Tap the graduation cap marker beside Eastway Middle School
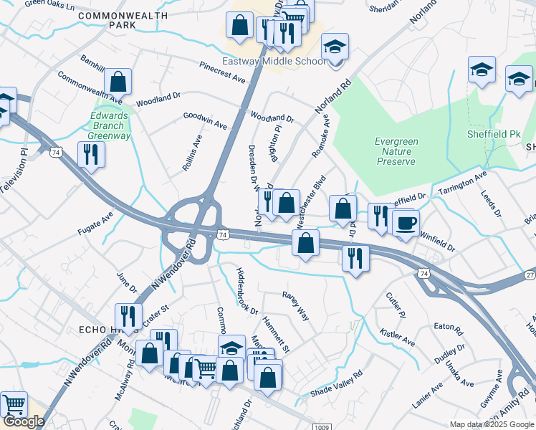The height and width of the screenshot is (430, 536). point(335,48)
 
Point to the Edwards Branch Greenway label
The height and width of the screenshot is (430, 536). point(109,125)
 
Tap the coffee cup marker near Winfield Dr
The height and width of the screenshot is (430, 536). point(406,224)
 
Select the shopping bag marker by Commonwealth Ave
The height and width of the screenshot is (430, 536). point(118,82)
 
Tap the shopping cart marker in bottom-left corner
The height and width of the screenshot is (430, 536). point(14,406)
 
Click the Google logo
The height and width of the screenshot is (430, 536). point(23,421)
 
